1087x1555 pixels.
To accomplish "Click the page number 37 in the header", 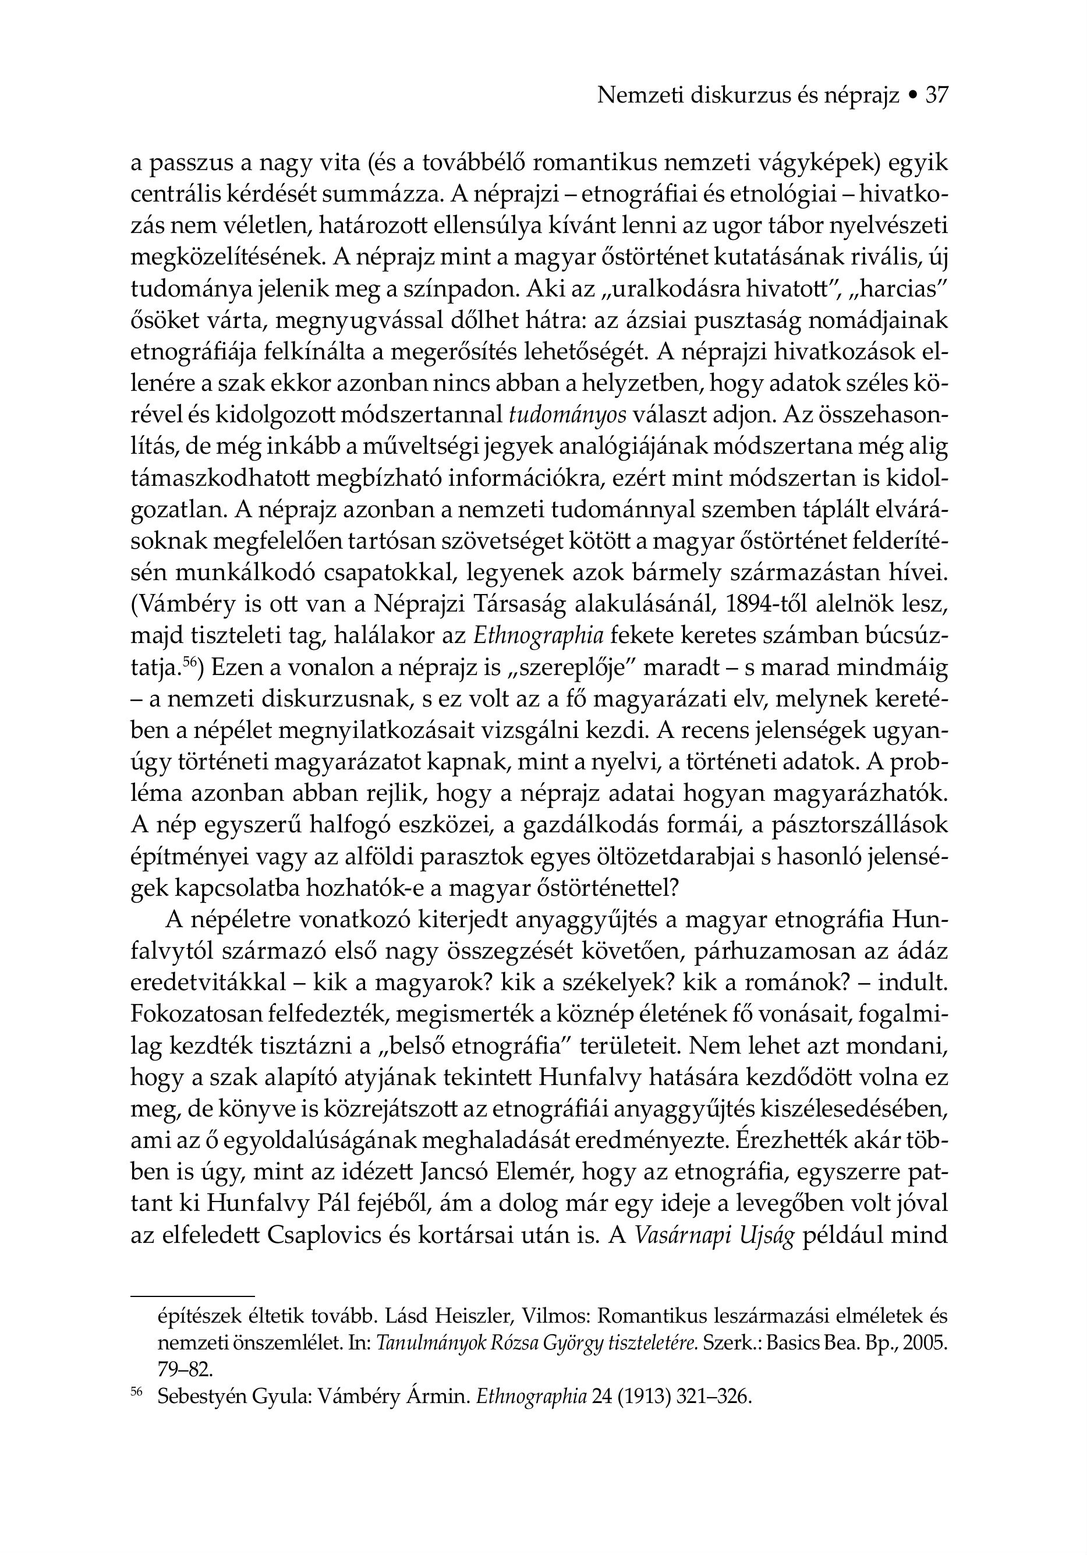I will tap(937, 96).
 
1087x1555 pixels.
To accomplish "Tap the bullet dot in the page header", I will tap(913, 96).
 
